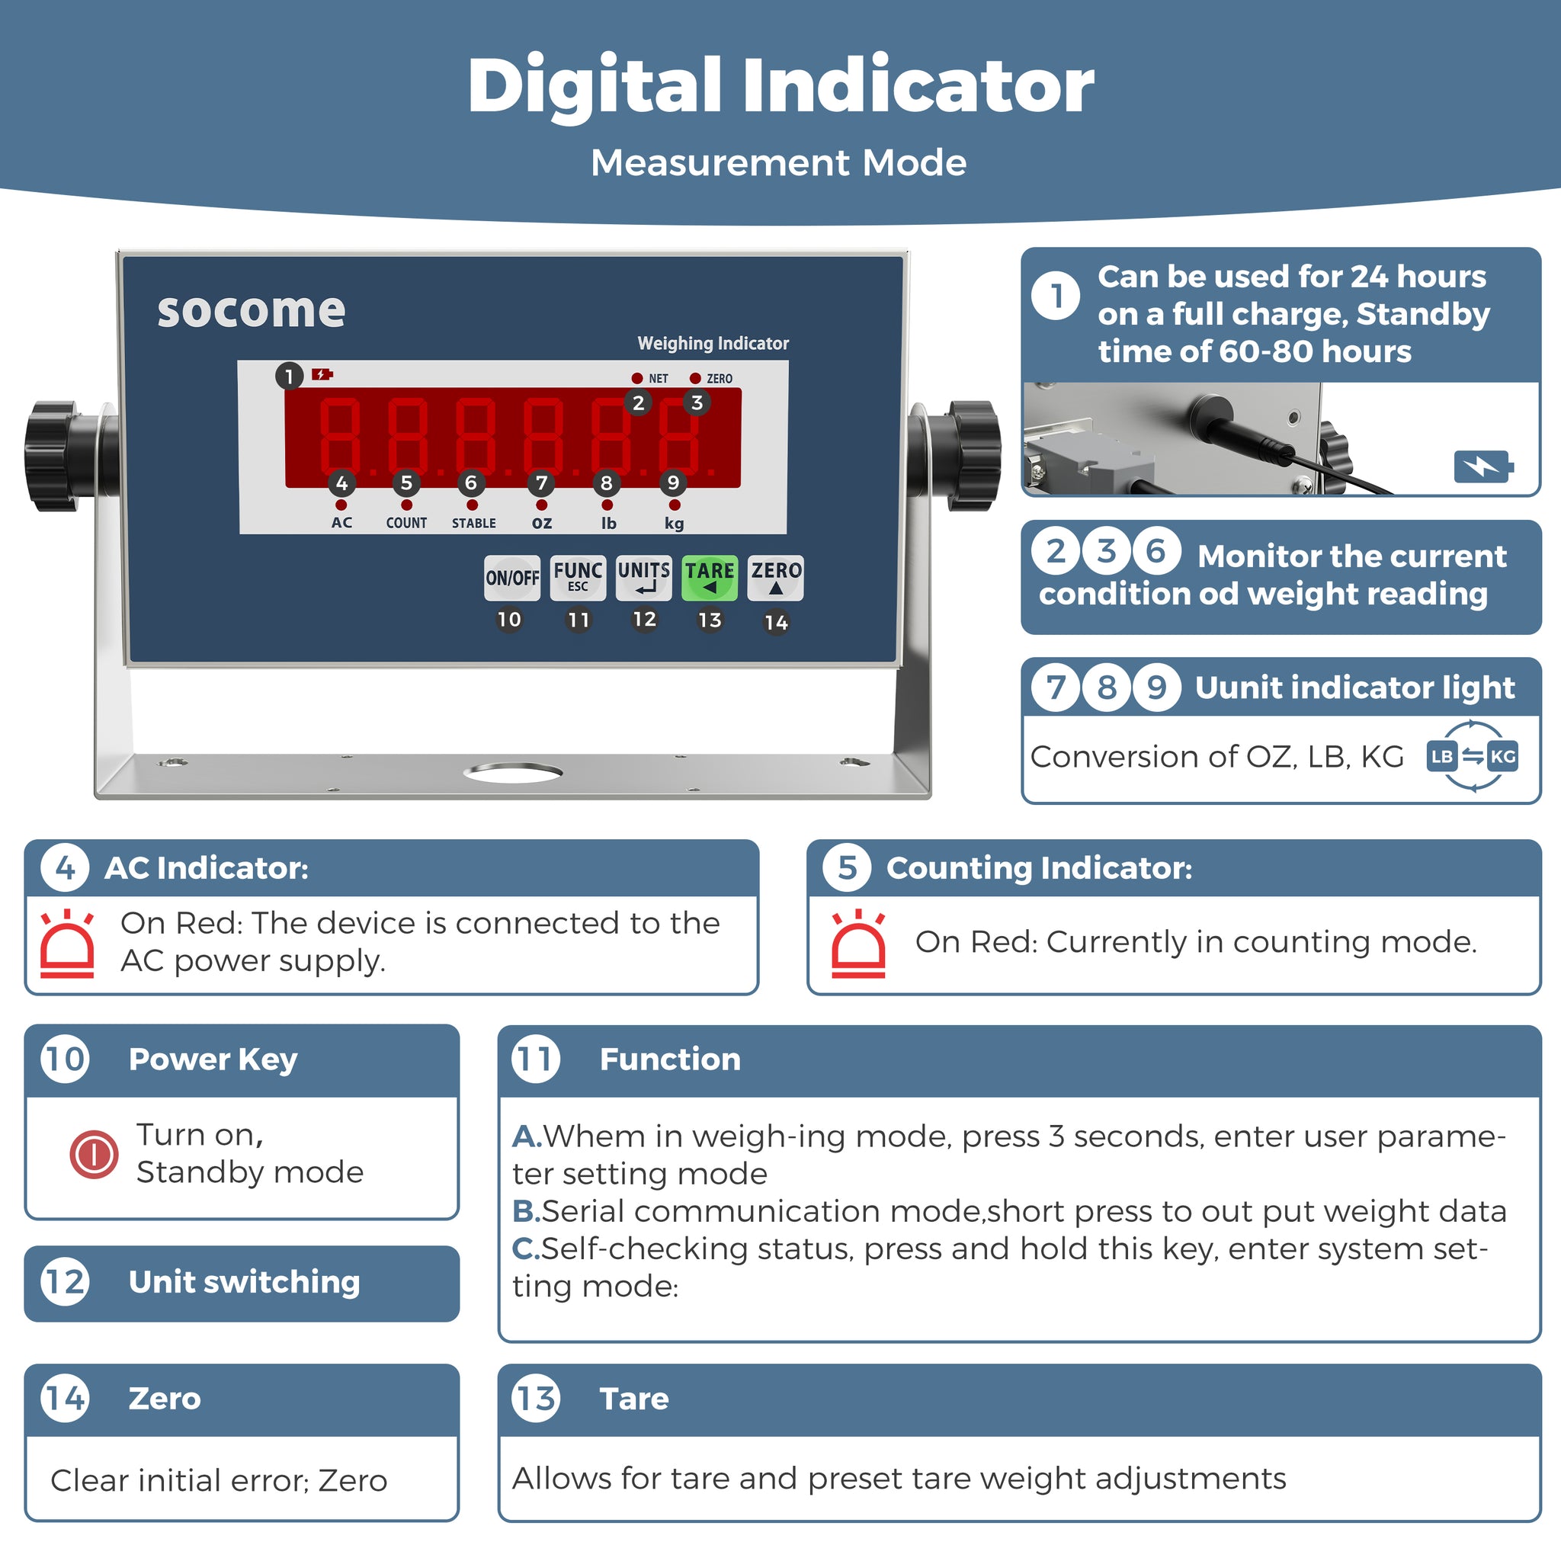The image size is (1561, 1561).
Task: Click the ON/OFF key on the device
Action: click(512, 578)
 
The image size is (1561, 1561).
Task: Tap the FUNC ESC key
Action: click(578, 578)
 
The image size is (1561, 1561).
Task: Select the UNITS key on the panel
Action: click(644, 578)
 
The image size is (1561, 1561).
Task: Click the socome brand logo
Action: click(252, 310)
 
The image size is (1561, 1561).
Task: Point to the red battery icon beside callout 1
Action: click(322, 374)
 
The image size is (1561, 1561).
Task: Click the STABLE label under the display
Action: click(474, 523)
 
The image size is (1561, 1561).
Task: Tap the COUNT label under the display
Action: click(406, 523)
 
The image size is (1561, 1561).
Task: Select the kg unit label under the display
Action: click(675, 524)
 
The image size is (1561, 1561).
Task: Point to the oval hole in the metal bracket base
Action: click(513, 772)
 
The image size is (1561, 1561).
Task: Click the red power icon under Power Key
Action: click(94, 1154)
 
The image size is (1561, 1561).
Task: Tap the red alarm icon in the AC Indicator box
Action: click(67, 944)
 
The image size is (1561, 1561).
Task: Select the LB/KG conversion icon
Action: click(1472, 756)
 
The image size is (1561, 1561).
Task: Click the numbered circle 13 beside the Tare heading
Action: click(536, 1398)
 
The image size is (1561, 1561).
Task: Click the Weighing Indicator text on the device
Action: click(713, 344)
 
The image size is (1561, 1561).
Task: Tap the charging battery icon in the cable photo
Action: click(1483, 466)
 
